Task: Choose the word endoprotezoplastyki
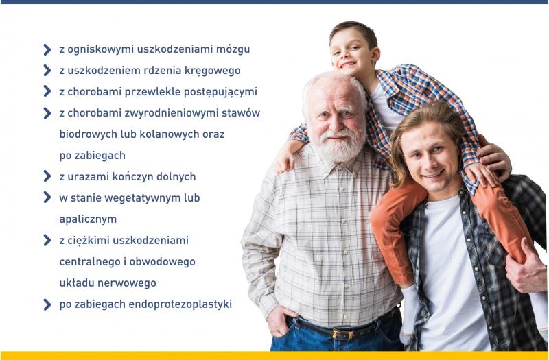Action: [180, 304]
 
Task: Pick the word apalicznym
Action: [88, 220]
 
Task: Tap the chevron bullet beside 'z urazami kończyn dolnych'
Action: [47, 176]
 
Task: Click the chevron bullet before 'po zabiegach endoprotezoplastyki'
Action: [47, 304]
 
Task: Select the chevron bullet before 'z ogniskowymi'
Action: [47, 49]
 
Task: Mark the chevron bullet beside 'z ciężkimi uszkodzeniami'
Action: [47, 241]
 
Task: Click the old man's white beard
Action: [338, 146]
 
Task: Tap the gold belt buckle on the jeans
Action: [338, 334]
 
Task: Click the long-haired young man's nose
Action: [434, 162]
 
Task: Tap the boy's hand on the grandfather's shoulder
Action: [285, 162]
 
